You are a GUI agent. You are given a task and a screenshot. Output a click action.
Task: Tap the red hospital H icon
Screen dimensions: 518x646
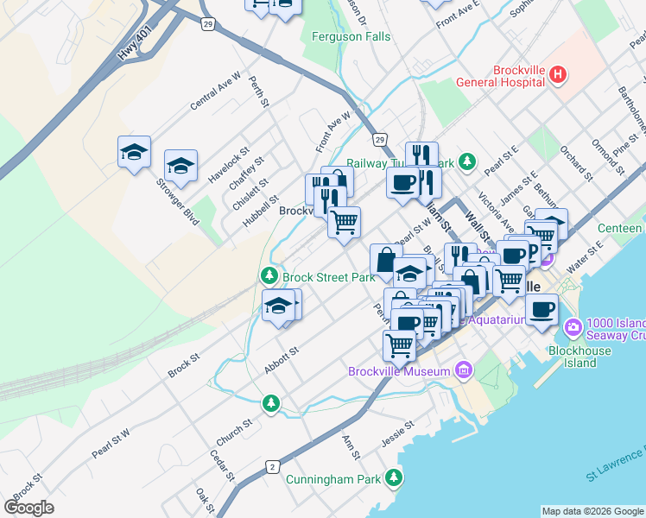click(x=558, y=75)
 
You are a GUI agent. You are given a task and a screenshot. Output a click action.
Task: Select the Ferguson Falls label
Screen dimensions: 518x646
click(x=351, y=37)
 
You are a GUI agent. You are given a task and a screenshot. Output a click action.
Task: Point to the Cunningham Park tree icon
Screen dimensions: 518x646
click(x=395, y=477)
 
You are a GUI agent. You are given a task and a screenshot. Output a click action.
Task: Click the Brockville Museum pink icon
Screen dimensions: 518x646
click(x=465, y=370)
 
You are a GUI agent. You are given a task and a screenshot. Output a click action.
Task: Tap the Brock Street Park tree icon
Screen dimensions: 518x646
click(x=269, y=276)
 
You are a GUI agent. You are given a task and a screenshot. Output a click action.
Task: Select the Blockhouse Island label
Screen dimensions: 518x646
click(x=579, y=357)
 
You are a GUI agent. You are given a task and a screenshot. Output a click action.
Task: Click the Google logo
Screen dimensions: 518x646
click(x=29, y=507)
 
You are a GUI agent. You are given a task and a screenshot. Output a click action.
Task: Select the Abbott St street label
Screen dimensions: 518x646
click(x=281, y=362)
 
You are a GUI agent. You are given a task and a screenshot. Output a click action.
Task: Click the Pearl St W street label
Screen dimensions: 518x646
click(x=111, y=443)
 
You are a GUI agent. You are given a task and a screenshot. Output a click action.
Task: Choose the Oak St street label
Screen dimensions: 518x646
click(x=205, y=498)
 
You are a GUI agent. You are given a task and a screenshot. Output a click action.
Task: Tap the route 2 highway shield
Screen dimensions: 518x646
click(x=272, y=467)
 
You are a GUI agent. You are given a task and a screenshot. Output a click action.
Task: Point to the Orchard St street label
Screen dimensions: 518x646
click(x=574, y=164)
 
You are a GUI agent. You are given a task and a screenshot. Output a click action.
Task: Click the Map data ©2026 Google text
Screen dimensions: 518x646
click(x=592, y=511)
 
